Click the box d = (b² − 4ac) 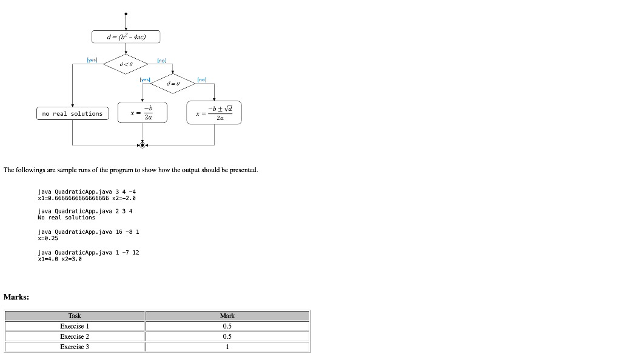126,37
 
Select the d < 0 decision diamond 126,64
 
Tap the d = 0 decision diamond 173,83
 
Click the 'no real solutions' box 72,114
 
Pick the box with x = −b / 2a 143,112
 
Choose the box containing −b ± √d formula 214,113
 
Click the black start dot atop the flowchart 126,13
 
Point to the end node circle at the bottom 142,145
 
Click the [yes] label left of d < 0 92,60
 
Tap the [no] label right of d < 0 161,61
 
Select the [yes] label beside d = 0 144,79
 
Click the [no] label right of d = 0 202,79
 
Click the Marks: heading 16,296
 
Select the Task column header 75,316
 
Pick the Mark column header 227,316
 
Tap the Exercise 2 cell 75,336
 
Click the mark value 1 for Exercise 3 227,347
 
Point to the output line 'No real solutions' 66,218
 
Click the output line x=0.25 48,238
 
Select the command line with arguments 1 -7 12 89,252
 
